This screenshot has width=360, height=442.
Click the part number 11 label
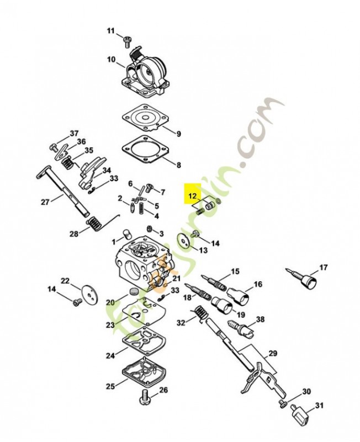(110, 30)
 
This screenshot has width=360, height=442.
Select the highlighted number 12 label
(192, 196)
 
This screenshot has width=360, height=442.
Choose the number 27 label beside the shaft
(45, 202)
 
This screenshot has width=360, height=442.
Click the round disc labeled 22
(87, 292)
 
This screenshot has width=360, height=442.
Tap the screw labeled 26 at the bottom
(145, 397)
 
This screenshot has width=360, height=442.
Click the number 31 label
(319, 406)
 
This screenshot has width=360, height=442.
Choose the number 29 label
(273, 353)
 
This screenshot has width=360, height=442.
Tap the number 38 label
(260, 319)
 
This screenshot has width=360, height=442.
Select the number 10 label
(111, 59)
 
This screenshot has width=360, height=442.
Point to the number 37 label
(74, 133)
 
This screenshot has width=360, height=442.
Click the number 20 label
(109, 302)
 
